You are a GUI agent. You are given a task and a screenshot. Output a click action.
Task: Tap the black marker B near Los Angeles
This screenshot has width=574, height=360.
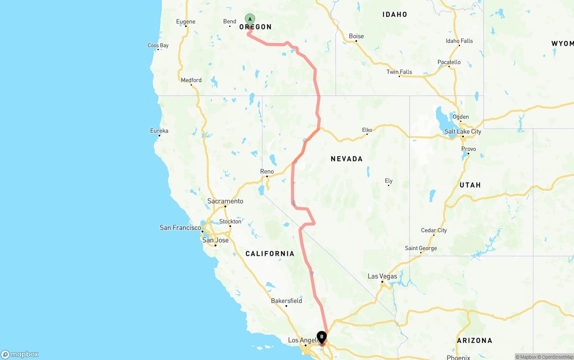pyautogui.click(x=322, y=337)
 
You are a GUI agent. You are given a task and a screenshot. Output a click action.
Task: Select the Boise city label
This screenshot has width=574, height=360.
pyautogui.click(x=357, y=36)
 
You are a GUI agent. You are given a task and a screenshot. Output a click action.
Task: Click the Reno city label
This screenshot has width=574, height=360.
pyautogui.click(x=267, y=172)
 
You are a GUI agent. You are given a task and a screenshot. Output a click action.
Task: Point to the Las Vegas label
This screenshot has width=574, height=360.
pyautogui.click(x=382, y=276)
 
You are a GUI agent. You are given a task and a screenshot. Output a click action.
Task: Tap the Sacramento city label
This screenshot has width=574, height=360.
pyautogui.click(x=225, y=201)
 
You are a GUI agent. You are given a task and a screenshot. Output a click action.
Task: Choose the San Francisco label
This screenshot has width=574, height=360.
pyautogui.click(x=180, y=228)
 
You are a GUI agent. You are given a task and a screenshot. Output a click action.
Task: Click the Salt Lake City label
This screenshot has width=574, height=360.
pyautogui.click(x=463, y=131)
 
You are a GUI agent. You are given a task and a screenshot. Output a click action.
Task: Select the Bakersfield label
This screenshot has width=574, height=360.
pyautogui.click(x=287, y=301)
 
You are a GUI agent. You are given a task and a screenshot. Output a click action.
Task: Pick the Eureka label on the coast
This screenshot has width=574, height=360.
pyautogui.click(x=159, y=130)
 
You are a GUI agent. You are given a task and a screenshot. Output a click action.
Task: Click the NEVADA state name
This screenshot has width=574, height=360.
pyautogui.click(x=347, y=159)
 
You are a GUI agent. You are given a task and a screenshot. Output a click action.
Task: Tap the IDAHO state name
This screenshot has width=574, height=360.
pyautogui.click(x=395, y=14)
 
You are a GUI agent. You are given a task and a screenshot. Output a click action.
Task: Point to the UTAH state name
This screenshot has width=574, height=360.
pyautogui.click(x=470, y=185)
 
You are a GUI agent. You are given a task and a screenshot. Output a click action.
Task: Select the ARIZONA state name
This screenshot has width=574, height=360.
pyautogui.click(x=474, y=341)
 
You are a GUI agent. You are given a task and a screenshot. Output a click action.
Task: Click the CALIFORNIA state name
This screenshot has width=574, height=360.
pyautogui.click(x=270, y=254)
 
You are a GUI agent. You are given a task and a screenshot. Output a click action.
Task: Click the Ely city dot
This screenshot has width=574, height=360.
pyautogui.click(x=388, y=185)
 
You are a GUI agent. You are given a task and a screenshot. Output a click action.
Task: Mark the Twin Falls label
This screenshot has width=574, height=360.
pyautogui.click(x=399, y=72)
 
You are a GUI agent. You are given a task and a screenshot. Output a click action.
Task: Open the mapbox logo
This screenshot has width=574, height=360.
pyautogui.click(x=20, y=354)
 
